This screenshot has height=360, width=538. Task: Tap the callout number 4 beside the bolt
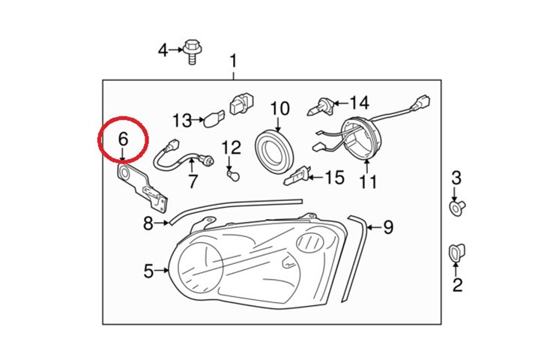point(163,50)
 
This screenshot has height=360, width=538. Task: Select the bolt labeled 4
point(193,51)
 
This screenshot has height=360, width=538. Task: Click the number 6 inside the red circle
point(124,138)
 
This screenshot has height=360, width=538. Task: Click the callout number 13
point(182,119)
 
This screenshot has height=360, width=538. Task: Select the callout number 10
point(279,109)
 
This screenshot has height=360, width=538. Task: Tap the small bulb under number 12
point(232,172)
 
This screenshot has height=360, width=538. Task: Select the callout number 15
point(334,178)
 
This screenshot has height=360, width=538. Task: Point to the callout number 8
point(148,223)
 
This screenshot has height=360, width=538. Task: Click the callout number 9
point(387,226)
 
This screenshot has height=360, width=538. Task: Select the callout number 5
point(148,270)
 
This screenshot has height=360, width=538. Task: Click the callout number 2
point(457,284)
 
